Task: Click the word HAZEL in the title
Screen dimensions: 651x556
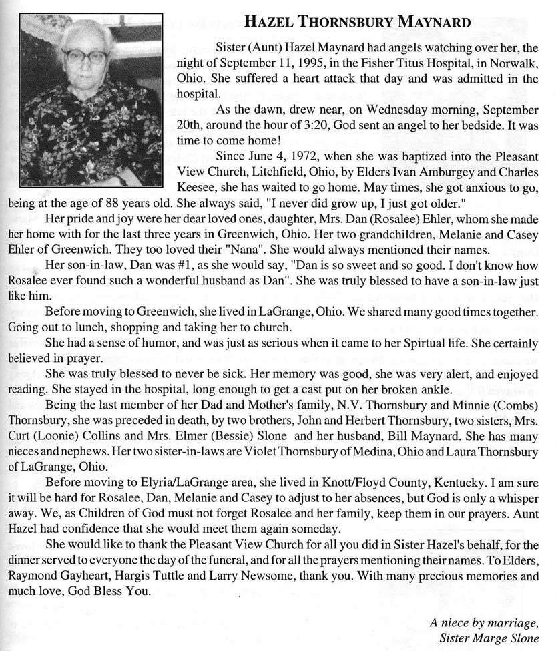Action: pos(267,23)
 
